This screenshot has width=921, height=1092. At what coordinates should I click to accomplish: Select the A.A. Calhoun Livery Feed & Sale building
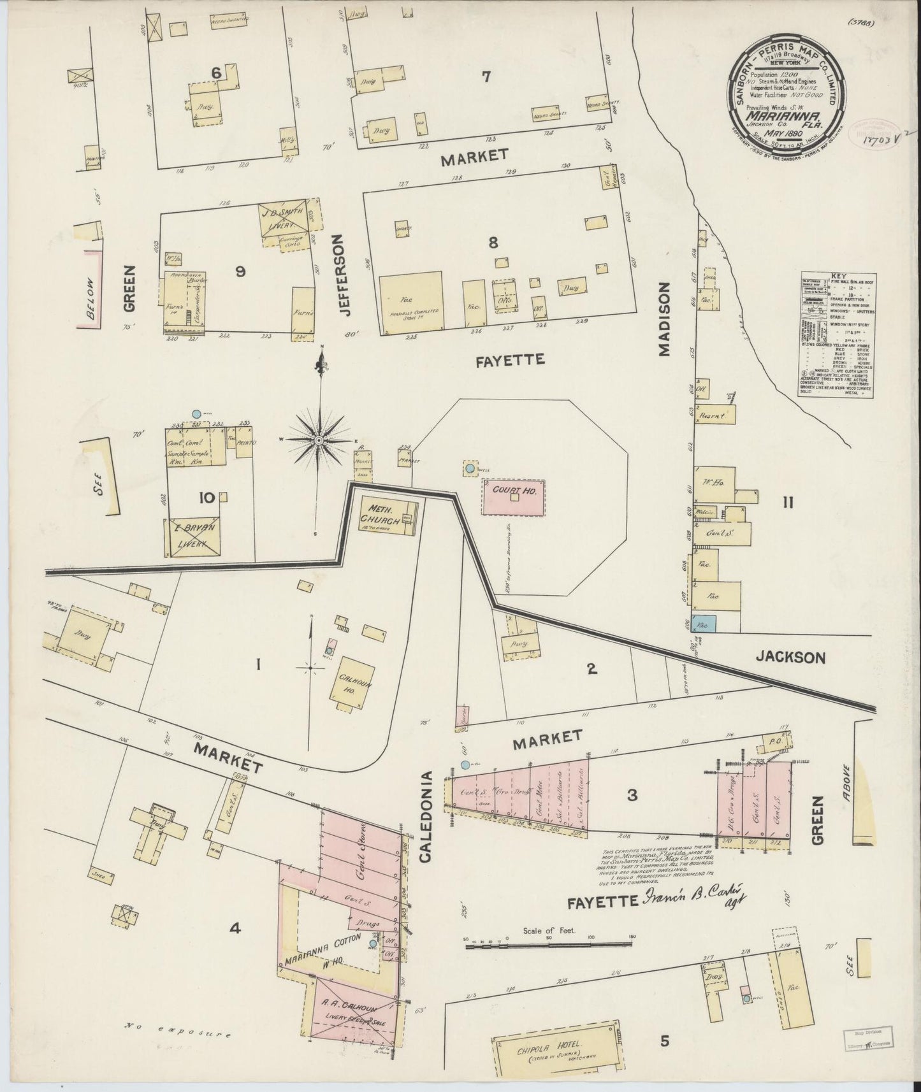350,1011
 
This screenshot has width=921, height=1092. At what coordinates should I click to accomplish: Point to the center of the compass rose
319,440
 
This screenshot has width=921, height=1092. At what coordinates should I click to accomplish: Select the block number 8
493,242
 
